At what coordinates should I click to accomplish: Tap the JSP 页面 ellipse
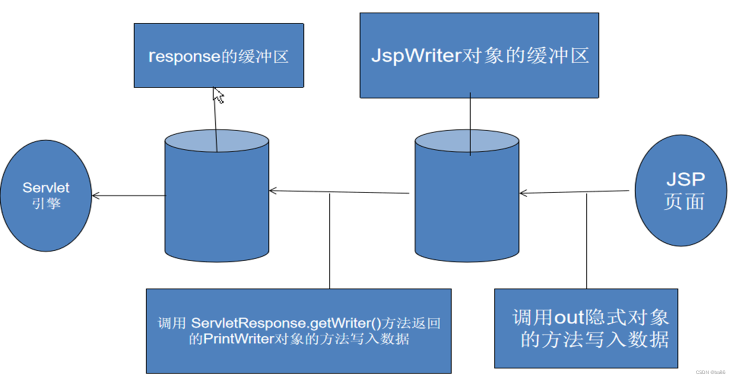coord(681,190)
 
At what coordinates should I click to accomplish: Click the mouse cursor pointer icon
coord(218,95)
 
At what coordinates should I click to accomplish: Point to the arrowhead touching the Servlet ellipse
coord(95,195)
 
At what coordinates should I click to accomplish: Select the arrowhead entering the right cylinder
coord(523,193)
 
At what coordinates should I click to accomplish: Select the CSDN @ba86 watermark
coord(710,372)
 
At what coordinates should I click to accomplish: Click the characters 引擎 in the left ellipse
coord(46,203)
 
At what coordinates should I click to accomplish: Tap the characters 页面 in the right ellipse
coord(684,201)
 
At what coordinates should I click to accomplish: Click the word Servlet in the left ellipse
coord(46,188)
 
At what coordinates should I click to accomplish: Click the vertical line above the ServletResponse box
coord(329,240)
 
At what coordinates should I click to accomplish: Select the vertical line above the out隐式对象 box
coord(586,240)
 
